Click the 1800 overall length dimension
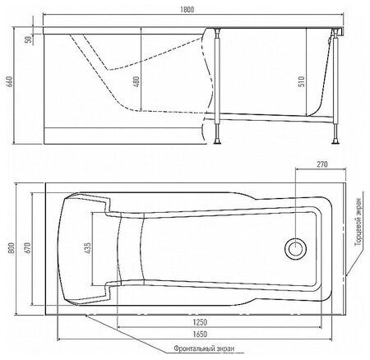[x=187, y=10]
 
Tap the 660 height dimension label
[x=10, y=81]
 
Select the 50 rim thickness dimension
[x=28, y=39]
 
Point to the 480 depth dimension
[x=136, y=81]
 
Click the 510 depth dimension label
[x=301, y=81]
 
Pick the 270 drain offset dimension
[x=322, y=164]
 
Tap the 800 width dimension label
[x=12, y=247]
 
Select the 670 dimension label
[x=28, y=247]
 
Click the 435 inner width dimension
[x=87, y=247]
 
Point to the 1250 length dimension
[x=200, y=322]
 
